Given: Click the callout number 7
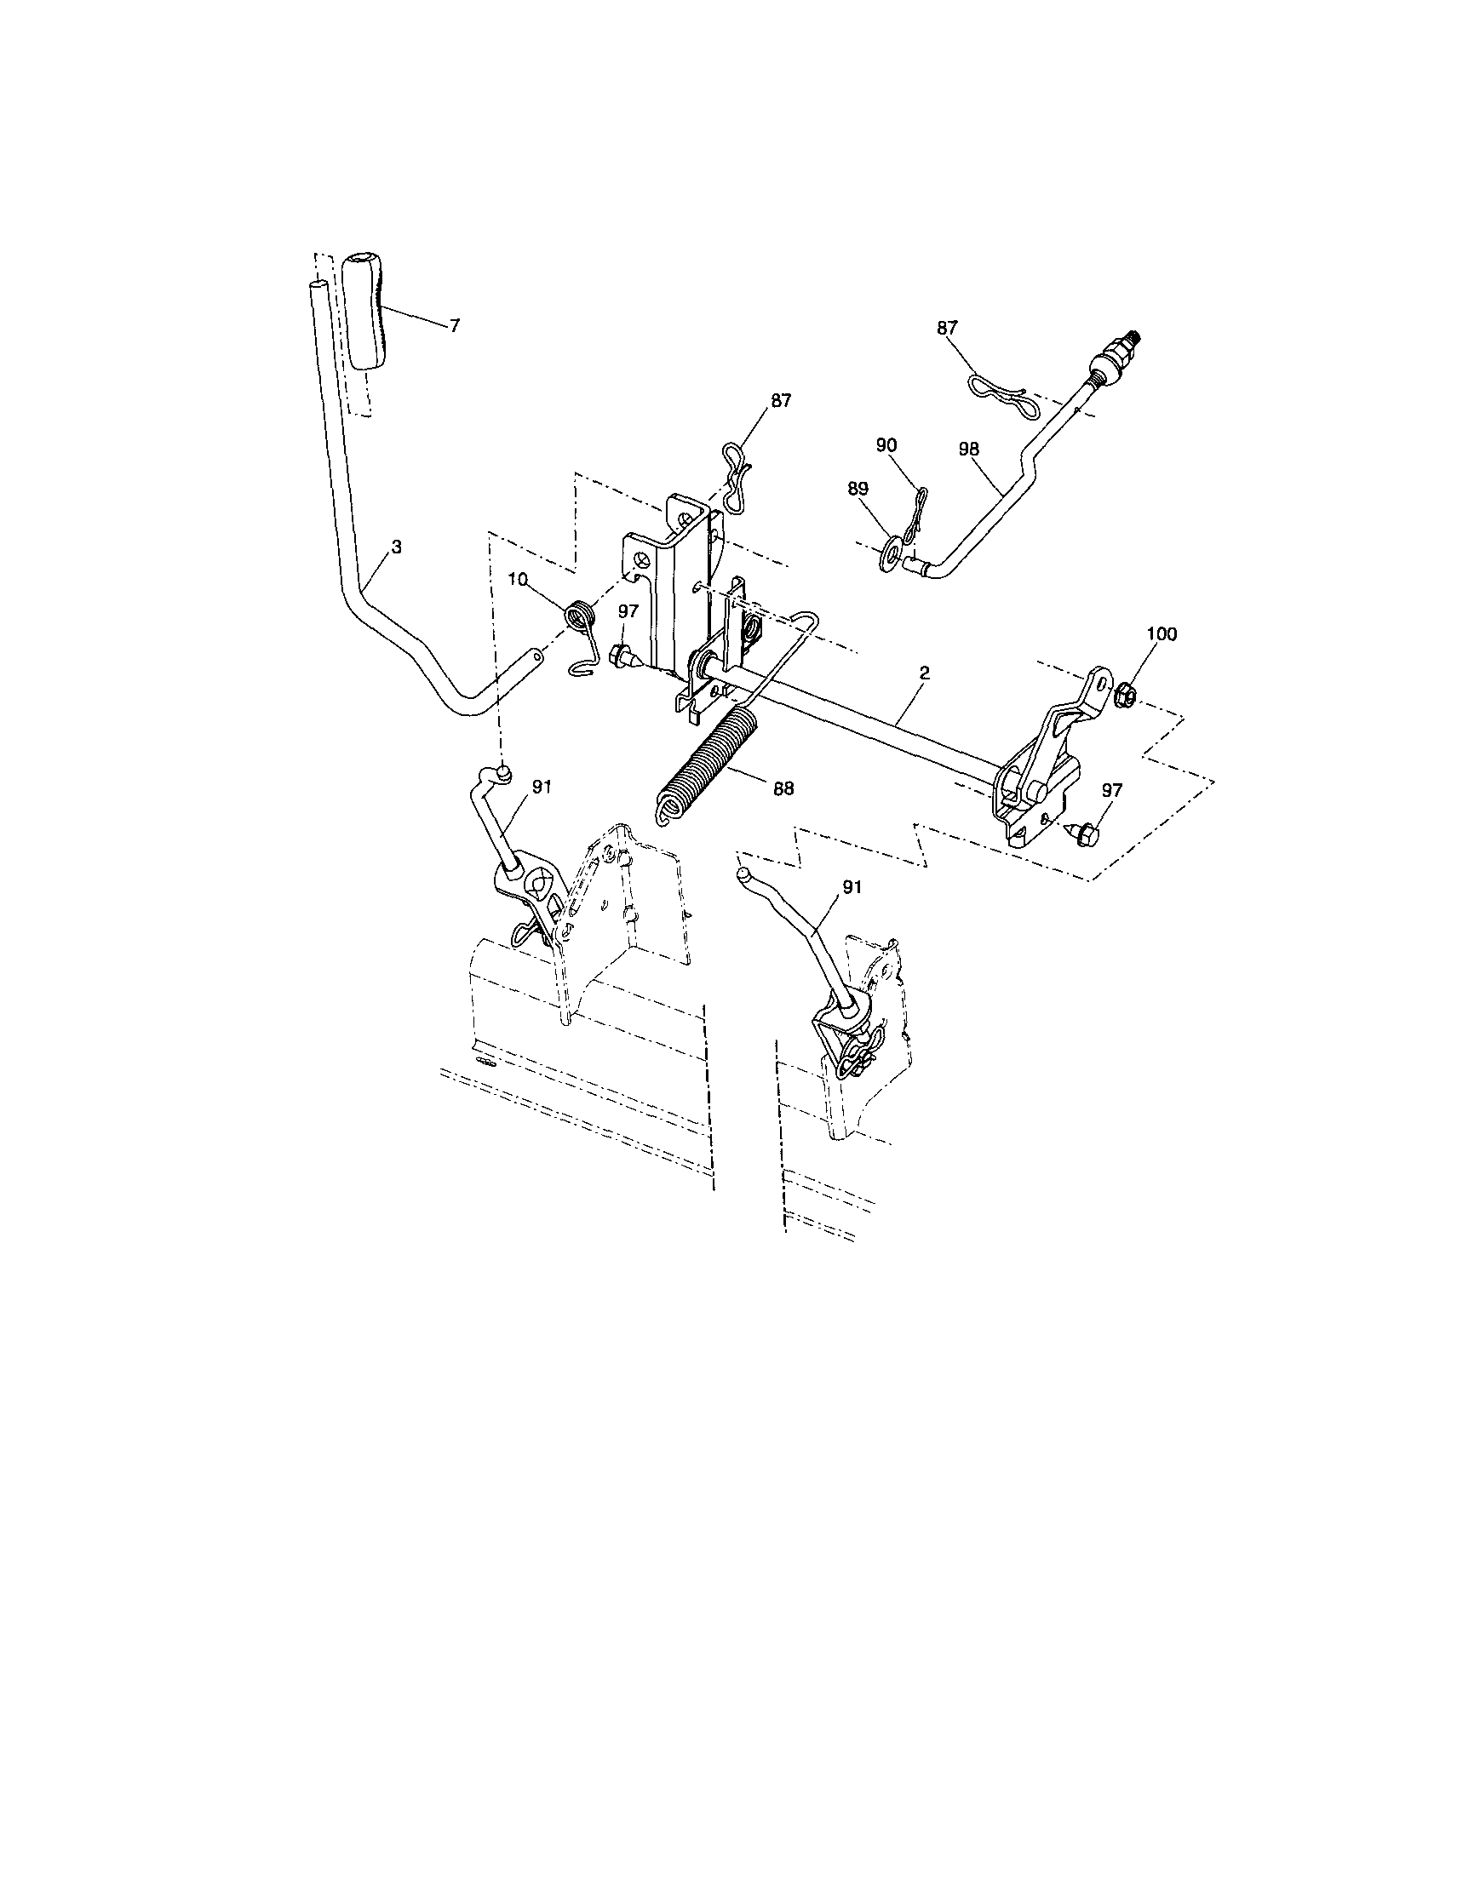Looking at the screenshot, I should [x=455, y=326].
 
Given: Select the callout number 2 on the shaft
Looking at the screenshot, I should [x=924, y=673].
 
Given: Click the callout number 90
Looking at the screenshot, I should [x=885, y=445].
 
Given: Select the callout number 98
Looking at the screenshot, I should [x=968, y=450].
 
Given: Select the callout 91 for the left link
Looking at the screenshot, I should [x=542, y=786].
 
